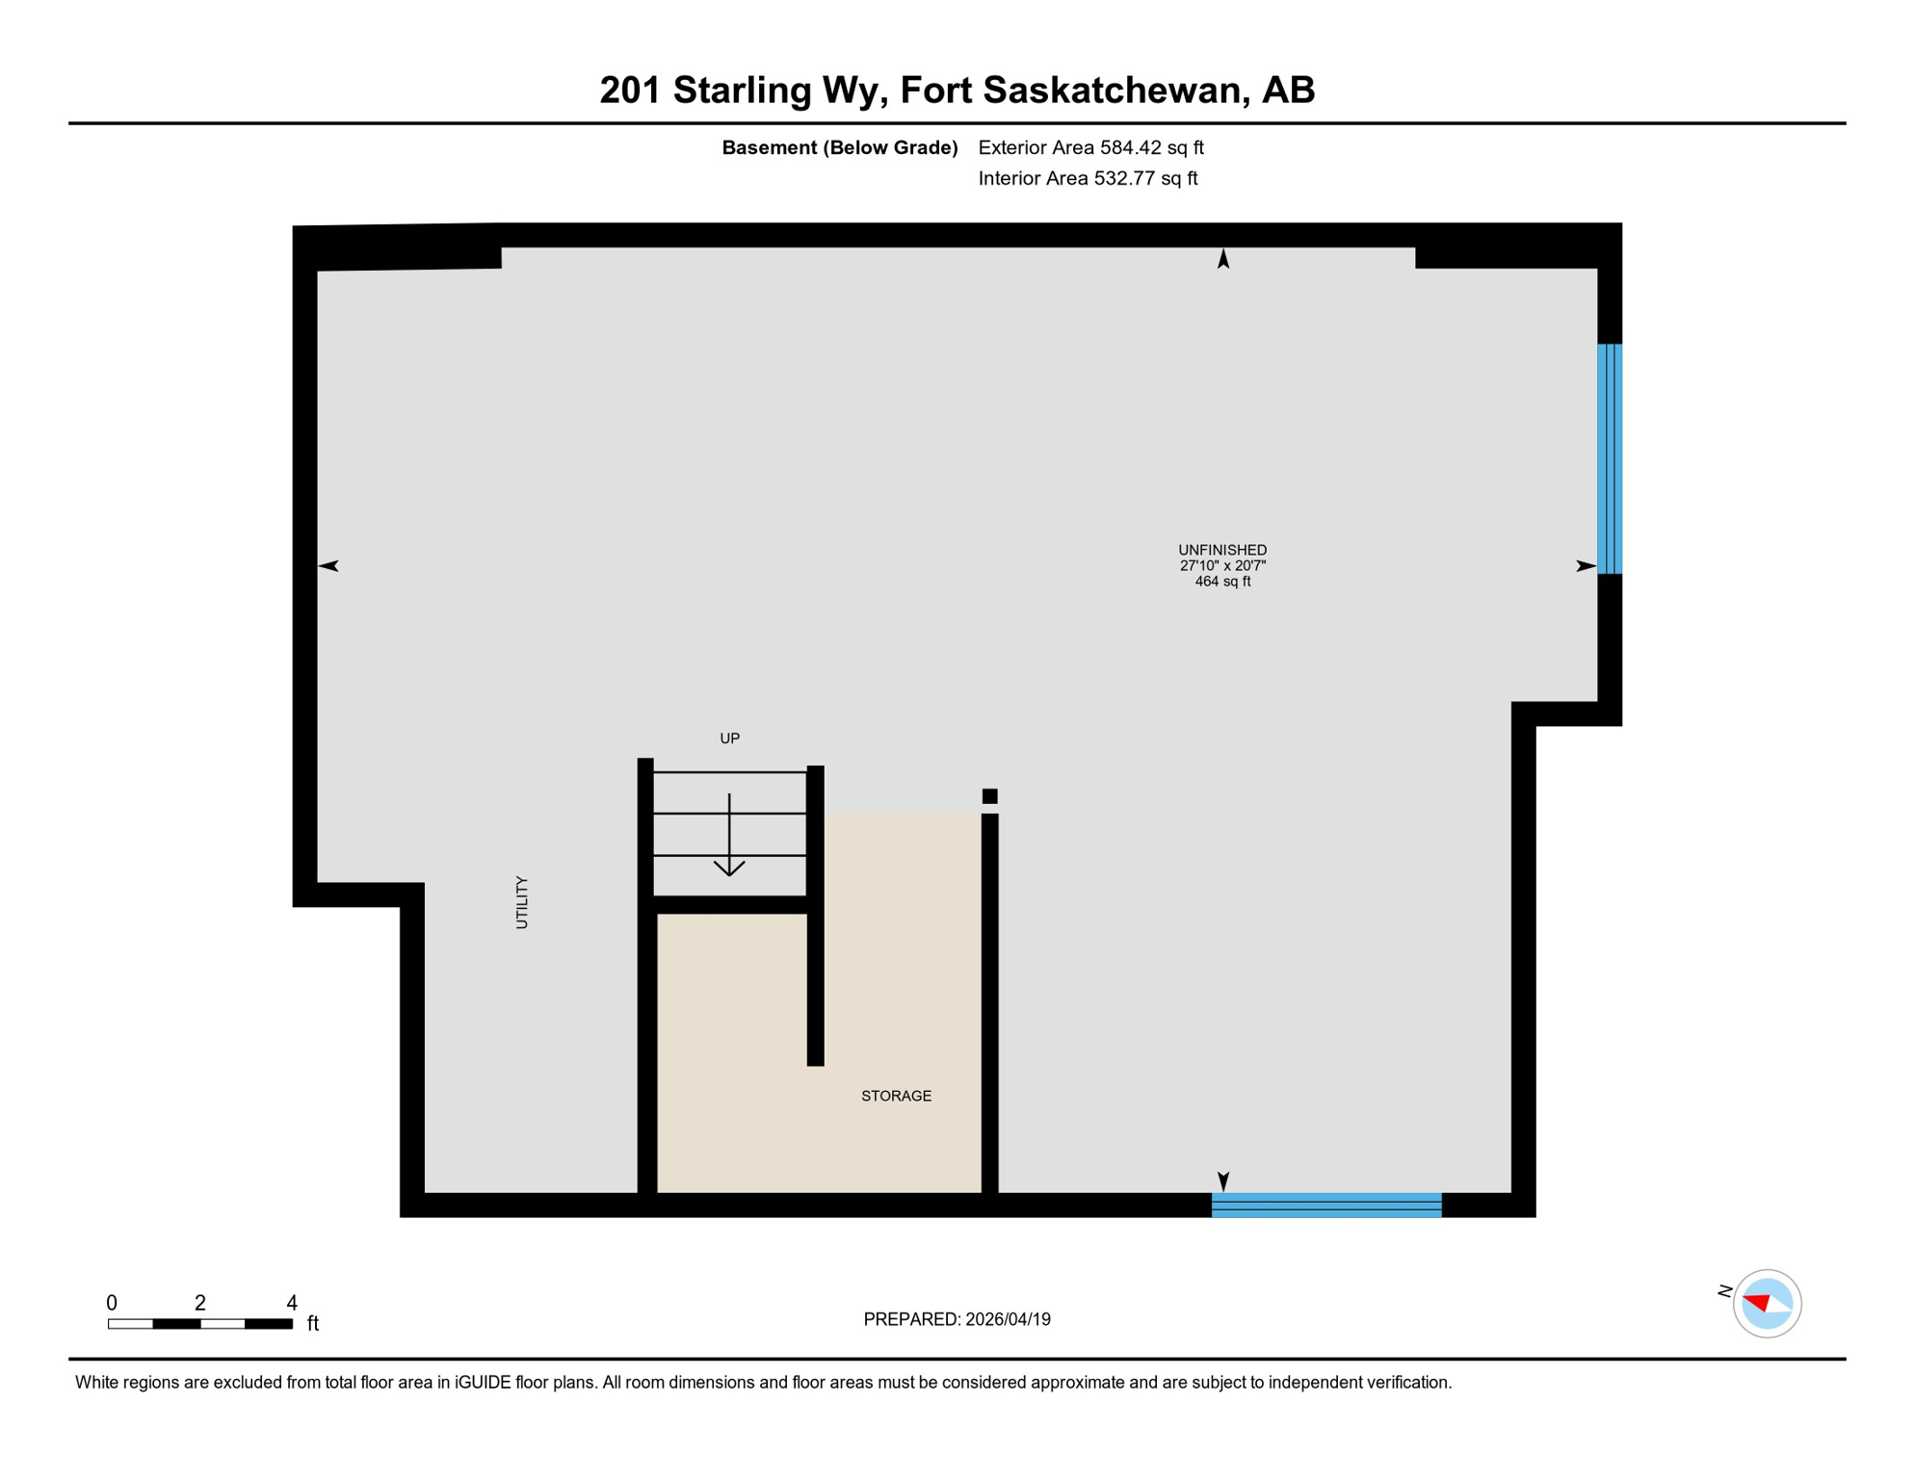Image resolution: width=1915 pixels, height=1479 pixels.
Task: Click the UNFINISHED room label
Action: pos(1222,550)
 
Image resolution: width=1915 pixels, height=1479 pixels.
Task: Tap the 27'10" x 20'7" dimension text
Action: pos(1222,566)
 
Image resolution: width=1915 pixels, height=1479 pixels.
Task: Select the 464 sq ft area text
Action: pos(1222,582)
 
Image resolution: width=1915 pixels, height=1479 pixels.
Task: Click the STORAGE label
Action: pos(896,1096)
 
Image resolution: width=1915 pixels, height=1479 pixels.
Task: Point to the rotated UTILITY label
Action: pos(522,902)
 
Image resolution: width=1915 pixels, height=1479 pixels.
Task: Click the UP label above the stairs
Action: pos(729,739)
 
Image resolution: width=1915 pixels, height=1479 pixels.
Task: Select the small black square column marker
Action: pos(989,796)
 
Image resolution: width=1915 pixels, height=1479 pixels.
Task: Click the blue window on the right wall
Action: pos(1609,458)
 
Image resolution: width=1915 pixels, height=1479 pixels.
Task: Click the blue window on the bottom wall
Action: pos(1325,1205)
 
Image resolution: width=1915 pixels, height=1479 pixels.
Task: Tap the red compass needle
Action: pos(1757,1302)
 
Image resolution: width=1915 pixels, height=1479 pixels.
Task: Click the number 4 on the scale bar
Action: pos(292,1303)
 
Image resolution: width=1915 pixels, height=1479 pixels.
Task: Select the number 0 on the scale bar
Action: pos(112,1303)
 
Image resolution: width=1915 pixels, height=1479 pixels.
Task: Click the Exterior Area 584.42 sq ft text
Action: pos(1090,147)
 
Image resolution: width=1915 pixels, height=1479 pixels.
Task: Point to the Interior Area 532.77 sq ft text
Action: pos(1088,178)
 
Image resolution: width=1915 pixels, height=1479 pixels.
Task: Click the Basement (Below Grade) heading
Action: pos(839,147)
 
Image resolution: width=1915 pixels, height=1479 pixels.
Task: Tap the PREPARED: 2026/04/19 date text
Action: pos(957,1319)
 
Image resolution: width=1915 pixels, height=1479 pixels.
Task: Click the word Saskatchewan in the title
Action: pos(1111,90)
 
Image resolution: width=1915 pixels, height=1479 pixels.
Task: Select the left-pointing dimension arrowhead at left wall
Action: pos(328,566)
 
